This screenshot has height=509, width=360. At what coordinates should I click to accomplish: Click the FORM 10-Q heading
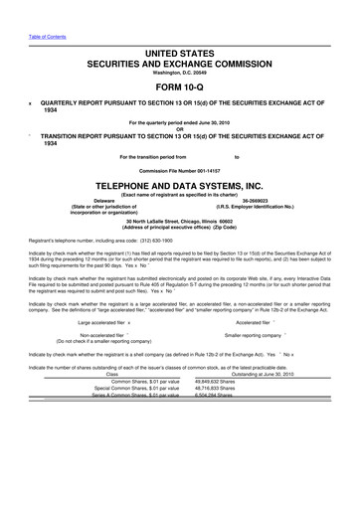(x=179, y=85)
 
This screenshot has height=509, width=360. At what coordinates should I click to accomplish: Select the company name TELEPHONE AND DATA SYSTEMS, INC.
(x=179, y=185)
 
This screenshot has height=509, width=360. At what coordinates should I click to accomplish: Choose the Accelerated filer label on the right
(x=259, y=323)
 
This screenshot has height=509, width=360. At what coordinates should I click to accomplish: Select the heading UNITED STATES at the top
(x=179, y=50)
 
